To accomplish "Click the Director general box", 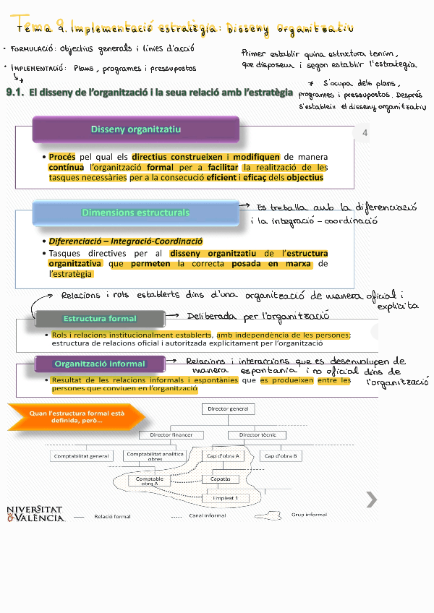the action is point(228,409).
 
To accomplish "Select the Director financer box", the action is point(171,435).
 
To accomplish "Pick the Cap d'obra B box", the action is point(281,456).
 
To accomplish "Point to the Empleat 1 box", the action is point(230,498).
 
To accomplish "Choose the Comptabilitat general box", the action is point(81,456).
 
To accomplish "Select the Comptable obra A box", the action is point(150,480).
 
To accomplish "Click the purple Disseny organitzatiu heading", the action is point(136,129).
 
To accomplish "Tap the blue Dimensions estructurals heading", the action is point(136,213).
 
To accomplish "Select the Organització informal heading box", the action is point(100,364).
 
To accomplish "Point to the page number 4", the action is point(365,133).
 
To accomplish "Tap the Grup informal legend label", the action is point(309,515).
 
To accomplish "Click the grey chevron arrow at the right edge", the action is point(371,499).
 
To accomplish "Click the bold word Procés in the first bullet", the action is point(62,157).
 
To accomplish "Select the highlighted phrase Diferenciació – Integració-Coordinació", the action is point(126,241).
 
